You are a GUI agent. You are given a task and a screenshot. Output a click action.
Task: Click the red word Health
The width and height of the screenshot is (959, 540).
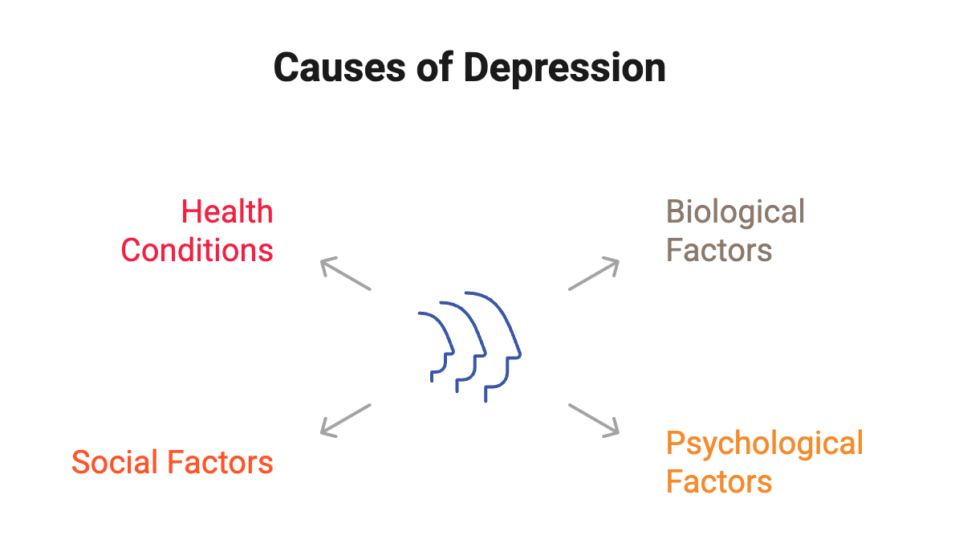[x=227, y=213]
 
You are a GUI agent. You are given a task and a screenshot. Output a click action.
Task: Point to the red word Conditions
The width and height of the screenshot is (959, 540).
[x=197, y=251]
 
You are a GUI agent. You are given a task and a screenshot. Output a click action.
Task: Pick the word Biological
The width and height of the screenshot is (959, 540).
[x=735, y=213]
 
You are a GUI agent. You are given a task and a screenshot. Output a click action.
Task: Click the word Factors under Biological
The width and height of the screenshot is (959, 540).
[x=719, y=251]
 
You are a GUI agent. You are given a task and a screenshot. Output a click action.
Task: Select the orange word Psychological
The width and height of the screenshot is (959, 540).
[x=764, y=444]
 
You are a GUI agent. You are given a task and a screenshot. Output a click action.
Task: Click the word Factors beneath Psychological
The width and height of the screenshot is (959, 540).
[x=719, y=482]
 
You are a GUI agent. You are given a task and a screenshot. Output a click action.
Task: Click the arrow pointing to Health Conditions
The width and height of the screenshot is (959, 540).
[x=346, y=274]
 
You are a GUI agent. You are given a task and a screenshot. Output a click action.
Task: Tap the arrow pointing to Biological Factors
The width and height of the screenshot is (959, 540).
[x=594, y=274]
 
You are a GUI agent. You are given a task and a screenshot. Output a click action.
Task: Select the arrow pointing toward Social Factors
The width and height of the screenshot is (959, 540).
[x=346, y=419]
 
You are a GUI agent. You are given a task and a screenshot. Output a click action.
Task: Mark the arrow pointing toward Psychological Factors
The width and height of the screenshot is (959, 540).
[x=594, y=419]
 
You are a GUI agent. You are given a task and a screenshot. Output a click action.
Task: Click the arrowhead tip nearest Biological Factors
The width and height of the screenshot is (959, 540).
[x=619, y=260]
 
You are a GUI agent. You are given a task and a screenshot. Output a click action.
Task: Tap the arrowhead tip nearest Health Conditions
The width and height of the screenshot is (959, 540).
[x=322, y=260]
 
